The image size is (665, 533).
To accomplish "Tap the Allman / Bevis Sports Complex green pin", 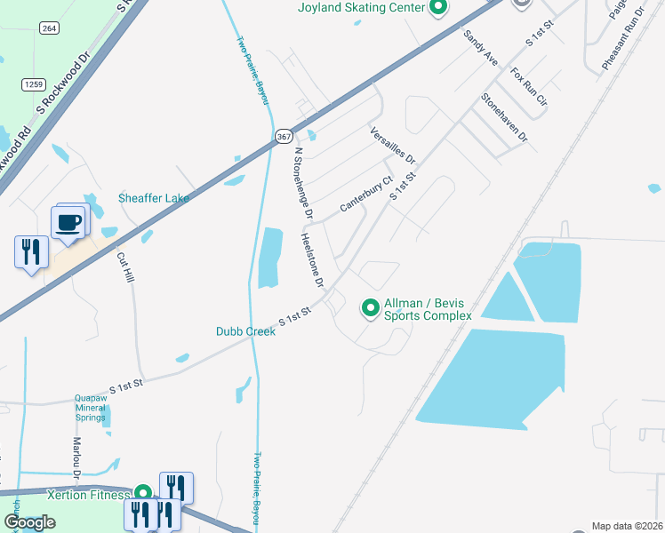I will coord(370,309).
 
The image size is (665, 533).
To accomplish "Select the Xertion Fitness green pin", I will coord(142,493).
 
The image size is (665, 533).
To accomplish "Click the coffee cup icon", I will coord(68,222).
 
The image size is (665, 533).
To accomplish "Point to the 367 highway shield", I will coord(283,136).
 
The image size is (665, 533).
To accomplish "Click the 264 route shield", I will coord(50,28).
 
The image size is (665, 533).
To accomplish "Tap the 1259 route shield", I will coord(34,84).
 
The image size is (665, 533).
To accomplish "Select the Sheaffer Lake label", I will coord(154,198).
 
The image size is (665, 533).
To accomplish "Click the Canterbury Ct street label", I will coord(365,195).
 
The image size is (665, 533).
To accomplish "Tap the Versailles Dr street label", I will coord(392,145).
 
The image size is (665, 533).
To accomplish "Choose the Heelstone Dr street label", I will coord(312,260).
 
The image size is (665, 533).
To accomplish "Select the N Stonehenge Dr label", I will coord(303,183).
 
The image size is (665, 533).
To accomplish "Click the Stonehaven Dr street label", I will coord(504,118).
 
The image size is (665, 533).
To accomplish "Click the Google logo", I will coord(29,522).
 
